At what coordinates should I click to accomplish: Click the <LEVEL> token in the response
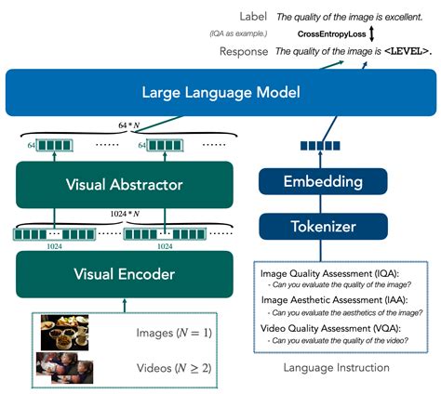tap(406, 51)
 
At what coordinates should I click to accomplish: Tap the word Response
tap(243, 51)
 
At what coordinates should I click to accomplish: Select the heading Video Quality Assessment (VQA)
tap(330, 327)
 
